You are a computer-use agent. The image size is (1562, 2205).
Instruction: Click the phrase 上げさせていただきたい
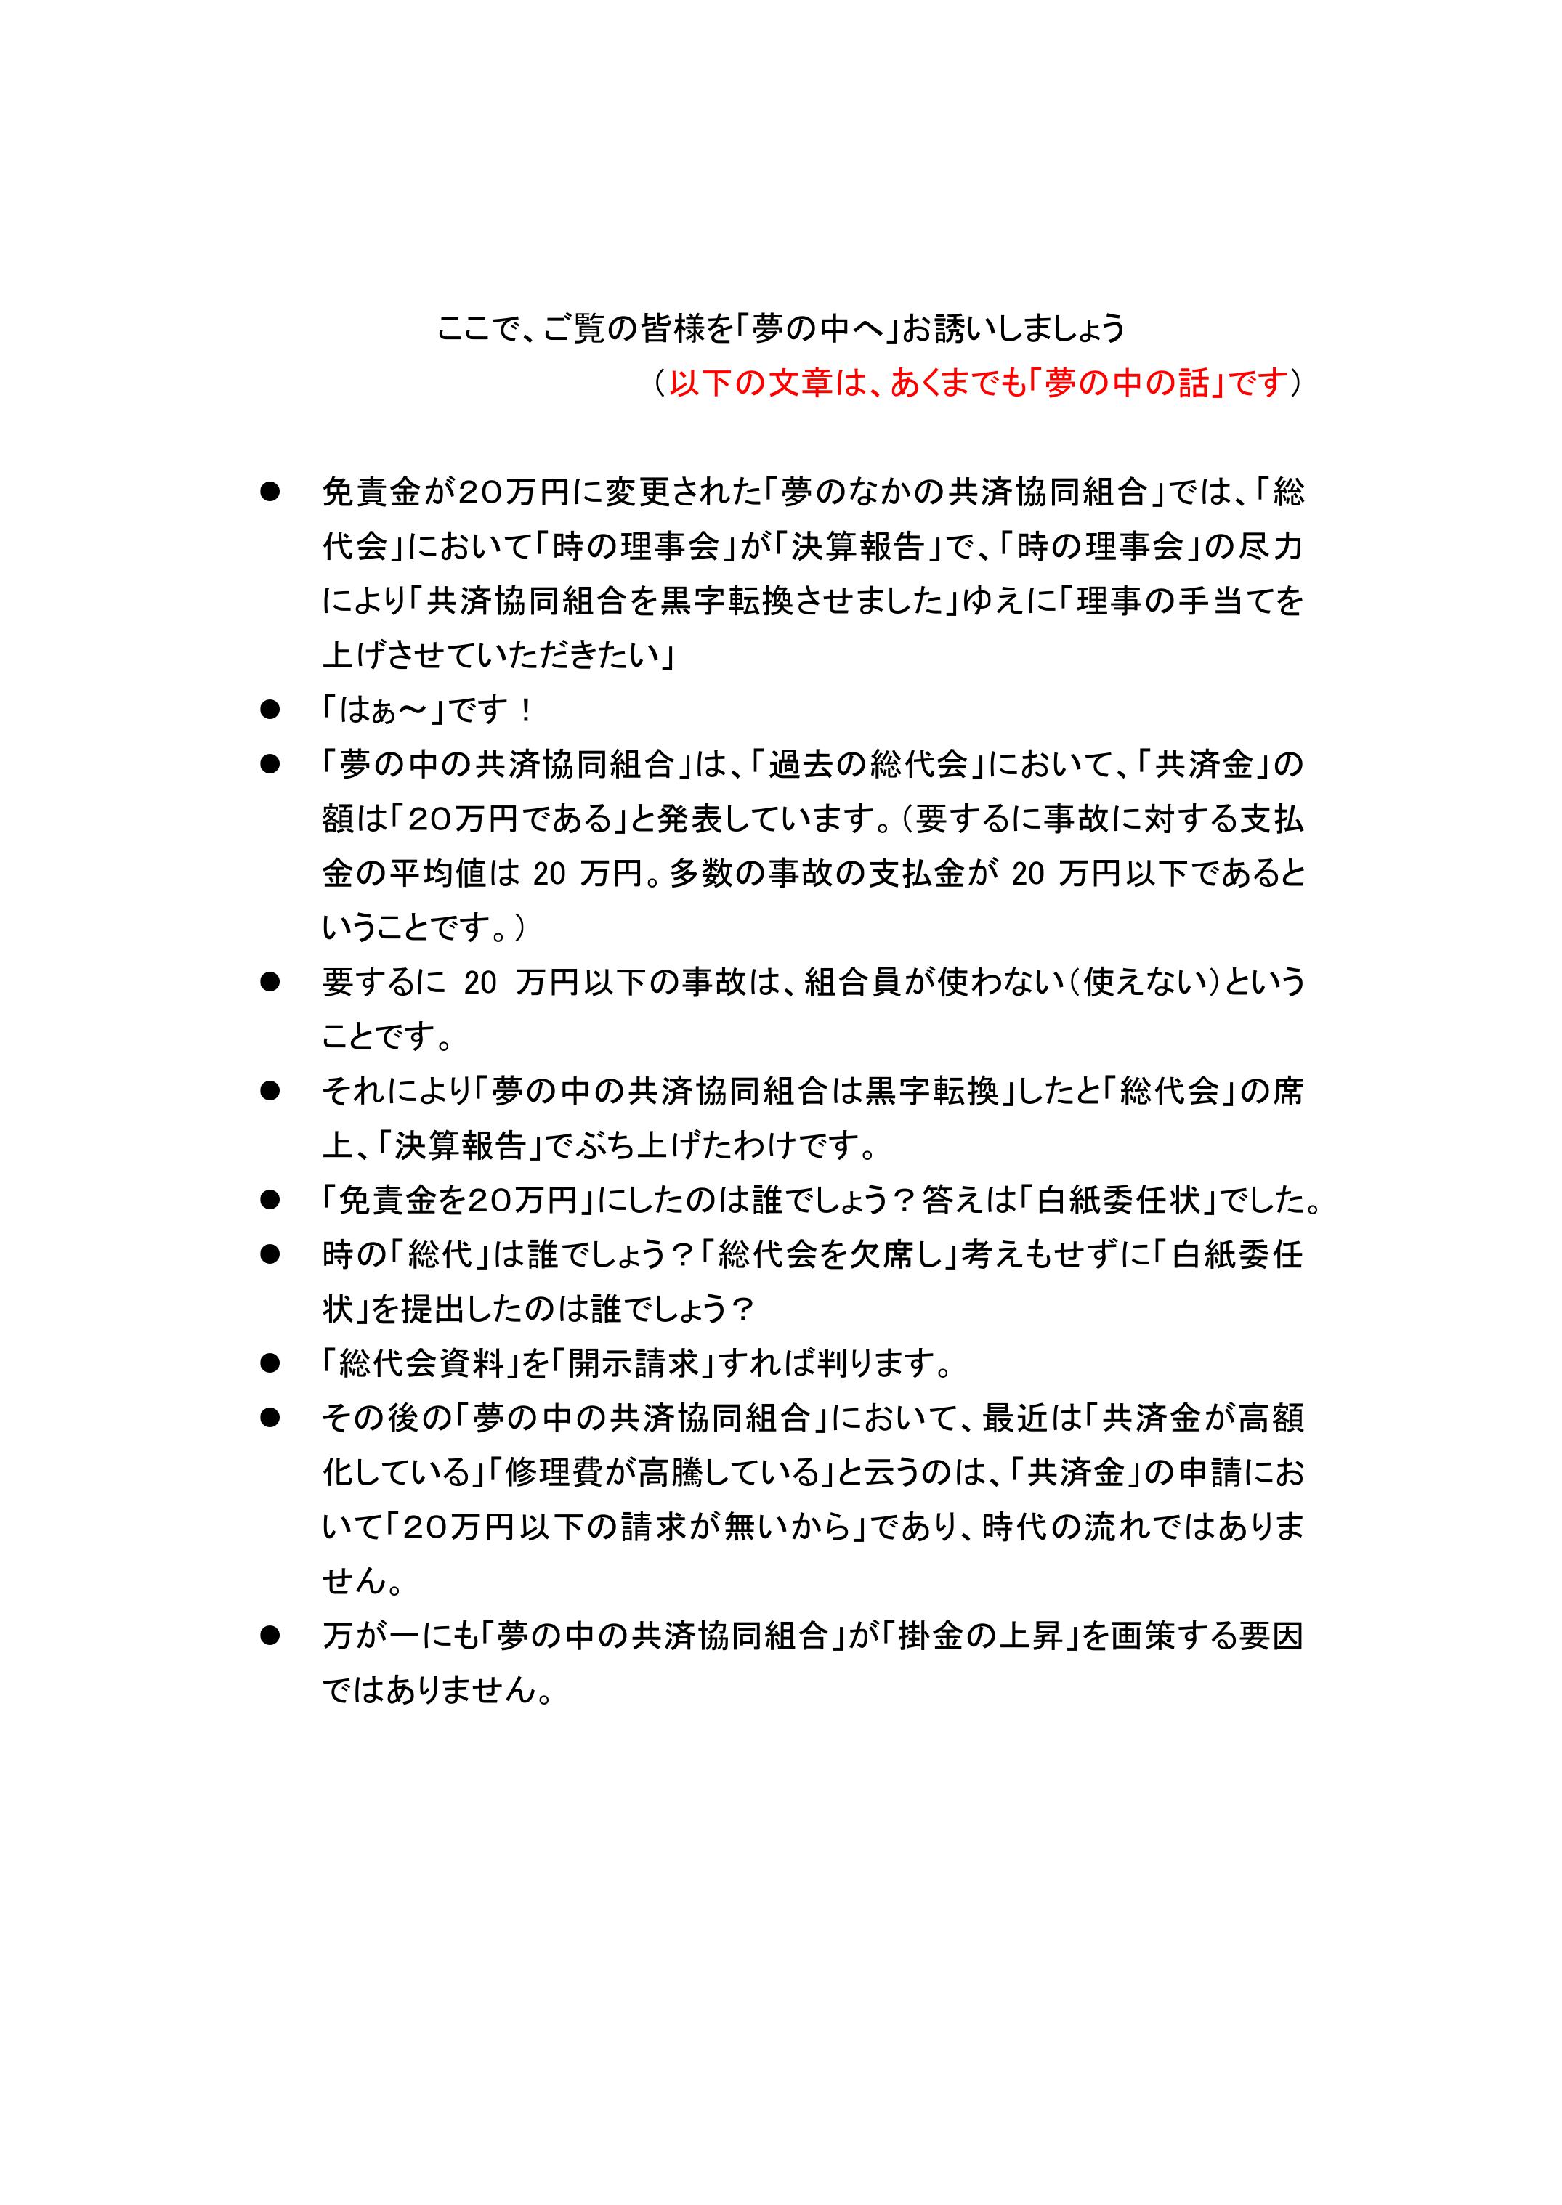click(490, 656)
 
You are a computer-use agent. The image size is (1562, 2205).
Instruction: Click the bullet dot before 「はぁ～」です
click(270, 710)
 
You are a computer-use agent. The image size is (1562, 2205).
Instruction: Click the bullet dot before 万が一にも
click(270, 1636)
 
